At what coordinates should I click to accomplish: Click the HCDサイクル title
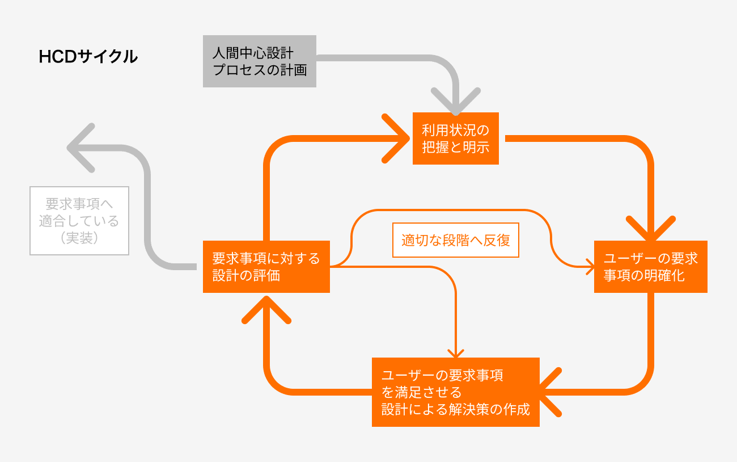pyautogui.click(x=88, y=57)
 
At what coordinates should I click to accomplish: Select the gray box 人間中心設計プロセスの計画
pyautogui.click(x=259, y=61)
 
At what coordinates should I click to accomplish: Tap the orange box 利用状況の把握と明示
pyautogui.click(x=455, y=138)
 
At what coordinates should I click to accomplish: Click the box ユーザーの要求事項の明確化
pyautogui.click(x=650, y=267)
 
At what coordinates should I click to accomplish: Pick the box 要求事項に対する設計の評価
pyautogui.click(x=266, y=267)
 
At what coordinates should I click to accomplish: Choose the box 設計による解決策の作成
pyautogui.click(x=455, y=392)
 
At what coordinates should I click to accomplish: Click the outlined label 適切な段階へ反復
pyautogui.click(x=456, y=240)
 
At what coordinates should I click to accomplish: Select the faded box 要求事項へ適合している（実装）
pyautogui.click(x=79, y=221)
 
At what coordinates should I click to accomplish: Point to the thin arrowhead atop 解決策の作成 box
pyautogui.click(x=456, y=353)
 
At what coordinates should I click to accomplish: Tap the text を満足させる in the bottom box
pyautogui.click(x=421, y=392)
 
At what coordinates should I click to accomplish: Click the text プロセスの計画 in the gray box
pyautogui.click(x=259, y=70)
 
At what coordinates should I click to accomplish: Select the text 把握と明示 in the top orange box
pyautogui.click(x=455, y=146)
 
